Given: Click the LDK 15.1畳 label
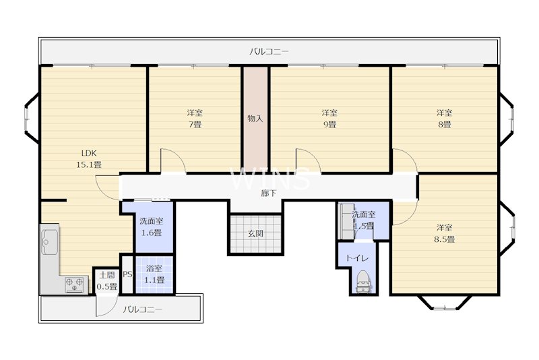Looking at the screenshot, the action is coord(89,159).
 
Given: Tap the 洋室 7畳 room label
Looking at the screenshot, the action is coord(195,119).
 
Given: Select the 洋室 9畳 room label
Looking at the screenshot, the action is coord(329,119).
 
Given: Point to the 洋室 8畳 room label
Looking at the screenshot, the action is coord(444,119).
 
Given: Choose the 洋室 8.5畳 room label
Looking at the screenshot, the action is coord(444,233).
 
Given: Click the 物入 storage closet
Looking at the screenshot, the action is coord(255,119).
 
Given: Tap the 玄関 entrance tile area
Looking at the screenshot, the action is coord(256,234).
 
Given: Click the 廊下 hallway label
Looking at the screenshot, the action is coord(268,193).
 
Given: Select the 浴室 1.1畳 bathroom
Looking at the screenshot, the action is coord(154,274).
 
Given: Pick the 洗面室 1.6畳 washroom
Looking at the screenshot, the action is coord(152,227).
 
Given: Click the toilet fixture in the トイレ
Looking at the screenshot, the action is coord(363,282).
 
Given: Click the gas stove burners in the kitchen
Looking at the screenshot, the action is coord(75,284).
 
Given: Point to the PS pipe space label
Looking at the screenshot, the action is coord(127,275).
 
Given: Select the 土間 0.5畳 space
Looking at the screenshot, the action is coord(107,281).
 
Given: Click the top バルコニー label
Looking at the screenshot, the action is coord(269,52).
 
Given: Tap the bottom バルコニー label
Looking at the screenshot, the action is coord(142,309).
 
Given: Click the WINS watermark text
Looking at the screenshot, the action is coord(271,179).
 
